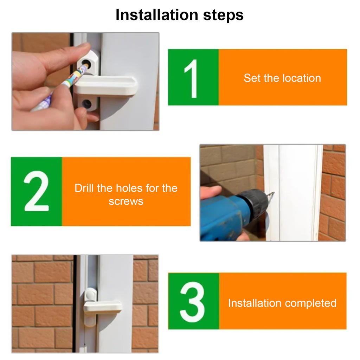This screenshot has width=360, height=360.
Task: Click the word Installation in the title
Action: click(x=157, y=15)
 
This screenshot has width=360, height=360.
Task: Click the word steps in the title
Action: click(x=223, y=15)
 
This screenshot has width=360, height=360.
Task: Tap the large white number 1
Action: click(x=191, y=78)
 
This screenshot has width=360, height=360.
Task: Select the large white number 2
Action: click(x=36, y=191)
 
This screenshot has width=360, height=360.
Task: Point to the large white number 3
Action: click(x=192, y=302)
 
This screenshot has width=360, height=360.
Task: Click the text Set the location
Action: click(x=282, y=78)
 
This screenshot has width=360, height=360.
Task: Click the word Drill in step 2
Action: click(x=84, y=188)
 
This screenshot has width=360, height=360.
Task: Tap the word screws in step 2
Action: click(x=126, y=201)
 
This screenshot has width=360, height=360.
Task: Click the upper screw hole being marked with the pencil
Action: click(x=86, y=63)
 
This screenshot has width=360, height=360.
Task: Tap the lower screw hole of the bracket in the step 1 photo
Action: click(x=87, y=103)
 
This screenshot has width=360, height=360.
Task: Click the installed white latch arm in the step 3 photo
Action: click(x=103, y=307)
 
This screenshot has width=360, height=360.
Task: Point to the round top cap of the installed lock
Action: click(x=91, y=294)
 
